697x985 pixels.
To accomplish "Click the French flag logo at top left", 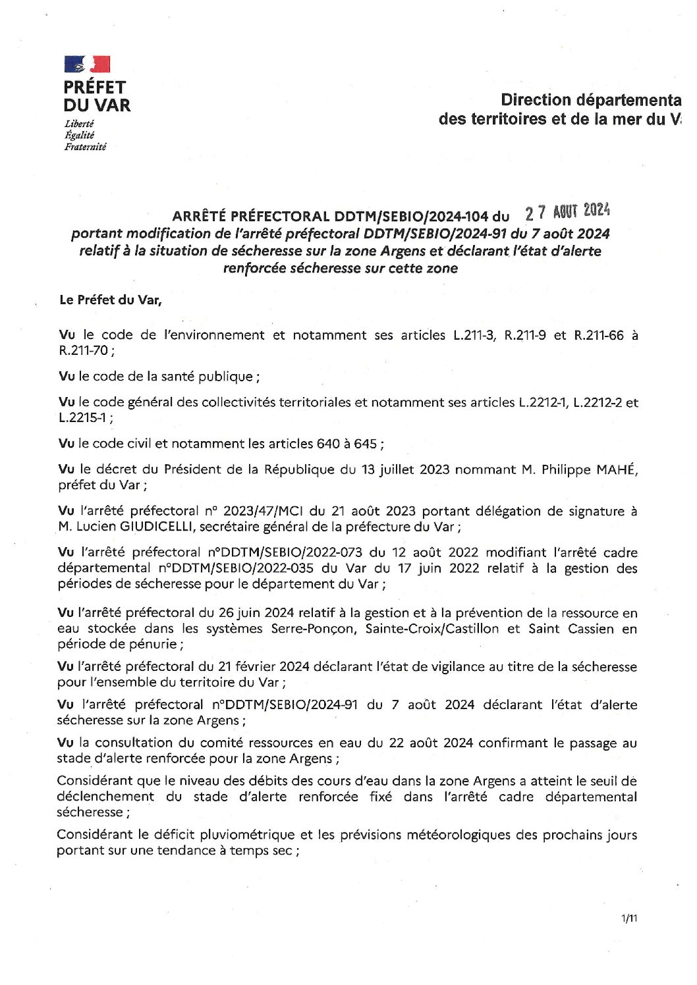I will click(87, 64).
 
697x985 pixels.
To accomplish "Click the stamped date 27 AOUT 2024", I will click(567, 211).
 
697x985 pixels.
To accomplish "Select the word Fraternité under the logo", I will click(85, 147).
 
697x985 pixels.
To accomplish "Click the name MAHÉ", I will click(617, 469).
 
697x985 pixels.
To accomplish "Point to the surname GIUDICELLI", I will click(155, 527).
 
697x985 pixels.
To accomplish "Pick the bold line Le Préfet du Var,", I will click(111, 300).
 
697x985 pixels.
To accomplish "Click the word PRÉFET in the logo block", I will click(94, 87).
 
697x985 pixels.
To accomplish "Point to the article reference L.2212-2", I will click(598, 402).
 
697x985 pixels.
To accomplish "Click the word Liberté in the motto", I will click(79, 124).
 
